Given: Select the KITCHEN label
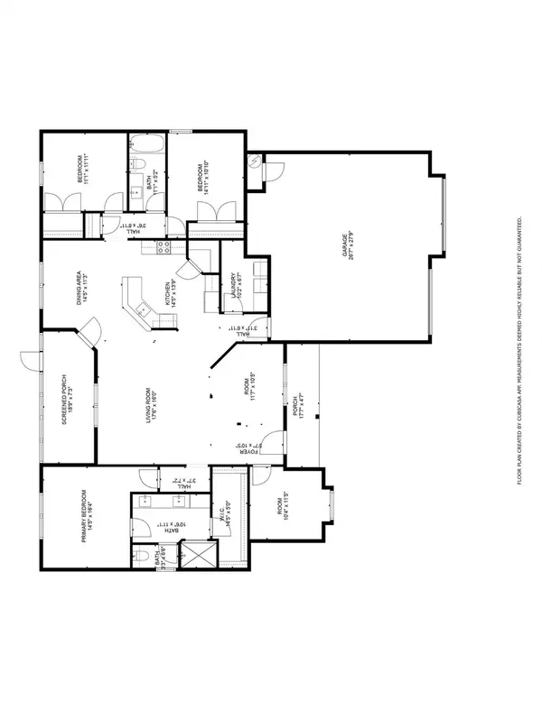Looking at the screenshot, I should (166, 295).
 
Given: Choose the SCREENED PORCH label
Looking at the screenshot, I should (66, 401).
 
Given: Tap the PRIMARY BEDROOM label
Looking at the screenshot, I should (84, 516).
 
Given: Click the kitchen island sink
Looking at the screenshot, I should (142, 310).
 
